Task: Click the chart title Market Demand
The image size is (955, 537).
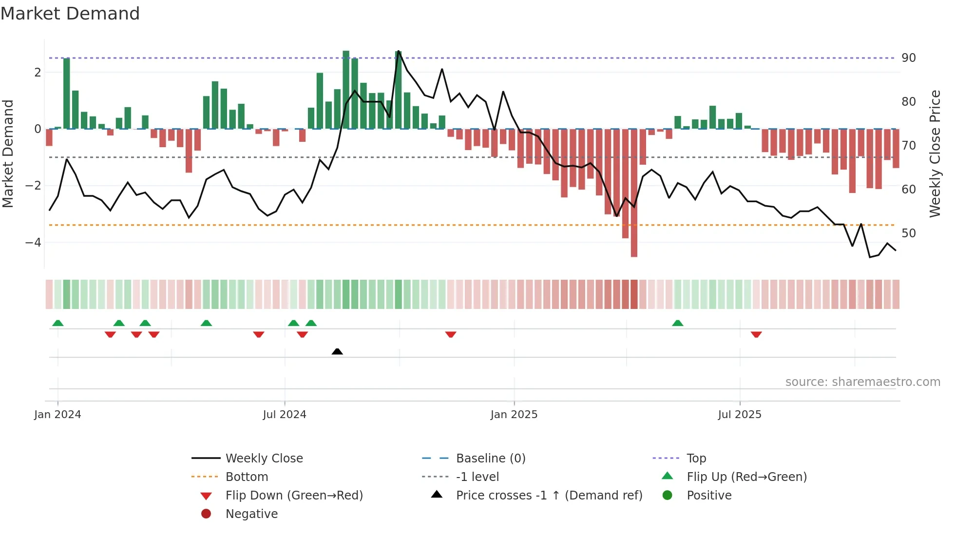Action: (70, 14)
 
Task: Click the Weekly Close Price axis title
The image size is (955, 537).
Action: (935, 153)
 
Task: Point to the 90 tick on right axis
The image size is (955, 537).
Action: (909, 58)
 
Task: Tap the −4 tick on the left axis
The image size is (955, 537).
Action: (33, 242)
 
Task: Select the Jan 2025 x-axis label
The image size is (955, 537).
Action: (514, 415)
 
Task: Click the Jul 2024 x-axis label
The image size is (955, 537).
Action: (285, 415)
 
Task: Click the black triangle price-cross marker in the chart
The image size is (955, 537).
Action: (337, 351)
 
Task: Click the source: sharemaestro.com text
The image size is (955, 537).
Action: (862, 382)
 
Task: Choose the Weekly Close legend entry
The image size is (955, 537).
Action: (264, 459)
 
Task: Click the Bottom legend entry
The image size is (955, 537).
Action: (247, 477)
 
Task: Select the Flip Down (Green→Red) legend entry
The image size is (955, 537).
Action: (294, 496)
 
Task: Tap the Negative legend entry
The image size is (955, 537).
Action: (251, 514)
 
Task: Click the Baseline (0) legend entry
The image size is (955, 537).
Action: (490, 459)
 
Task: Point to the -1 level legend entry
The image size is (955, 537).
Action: (477, 477)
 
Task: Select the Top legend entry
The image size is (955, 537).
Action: (696, 459)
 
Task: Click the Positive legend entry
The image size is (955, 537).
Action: (709, 496)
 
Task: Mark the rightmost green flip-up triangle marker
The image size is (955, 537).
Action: (677, 323)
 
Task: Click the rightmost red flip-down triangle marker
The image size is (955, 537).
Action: (756, 334)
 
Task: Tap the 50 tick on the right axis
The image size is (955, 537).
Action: (909, 233)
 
